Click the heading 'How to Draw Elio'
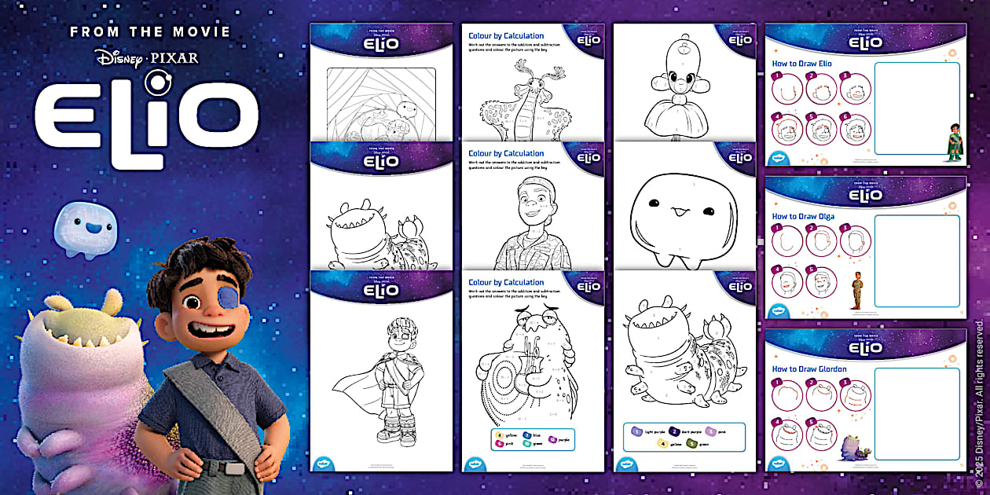point(802,64)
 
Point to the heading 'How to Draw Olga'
point(803,216)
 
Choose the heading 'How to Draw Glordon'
point(808,368)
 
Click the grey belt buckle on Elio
point(233,468)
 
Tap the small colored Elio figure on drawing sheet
point(954,141)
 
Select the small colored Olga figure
point(857,290)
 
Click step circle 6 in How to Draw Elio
point(855,129)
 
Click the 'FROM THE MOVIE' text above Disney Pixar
point(149,32)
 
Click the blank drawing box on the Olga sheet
point(916,260)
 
